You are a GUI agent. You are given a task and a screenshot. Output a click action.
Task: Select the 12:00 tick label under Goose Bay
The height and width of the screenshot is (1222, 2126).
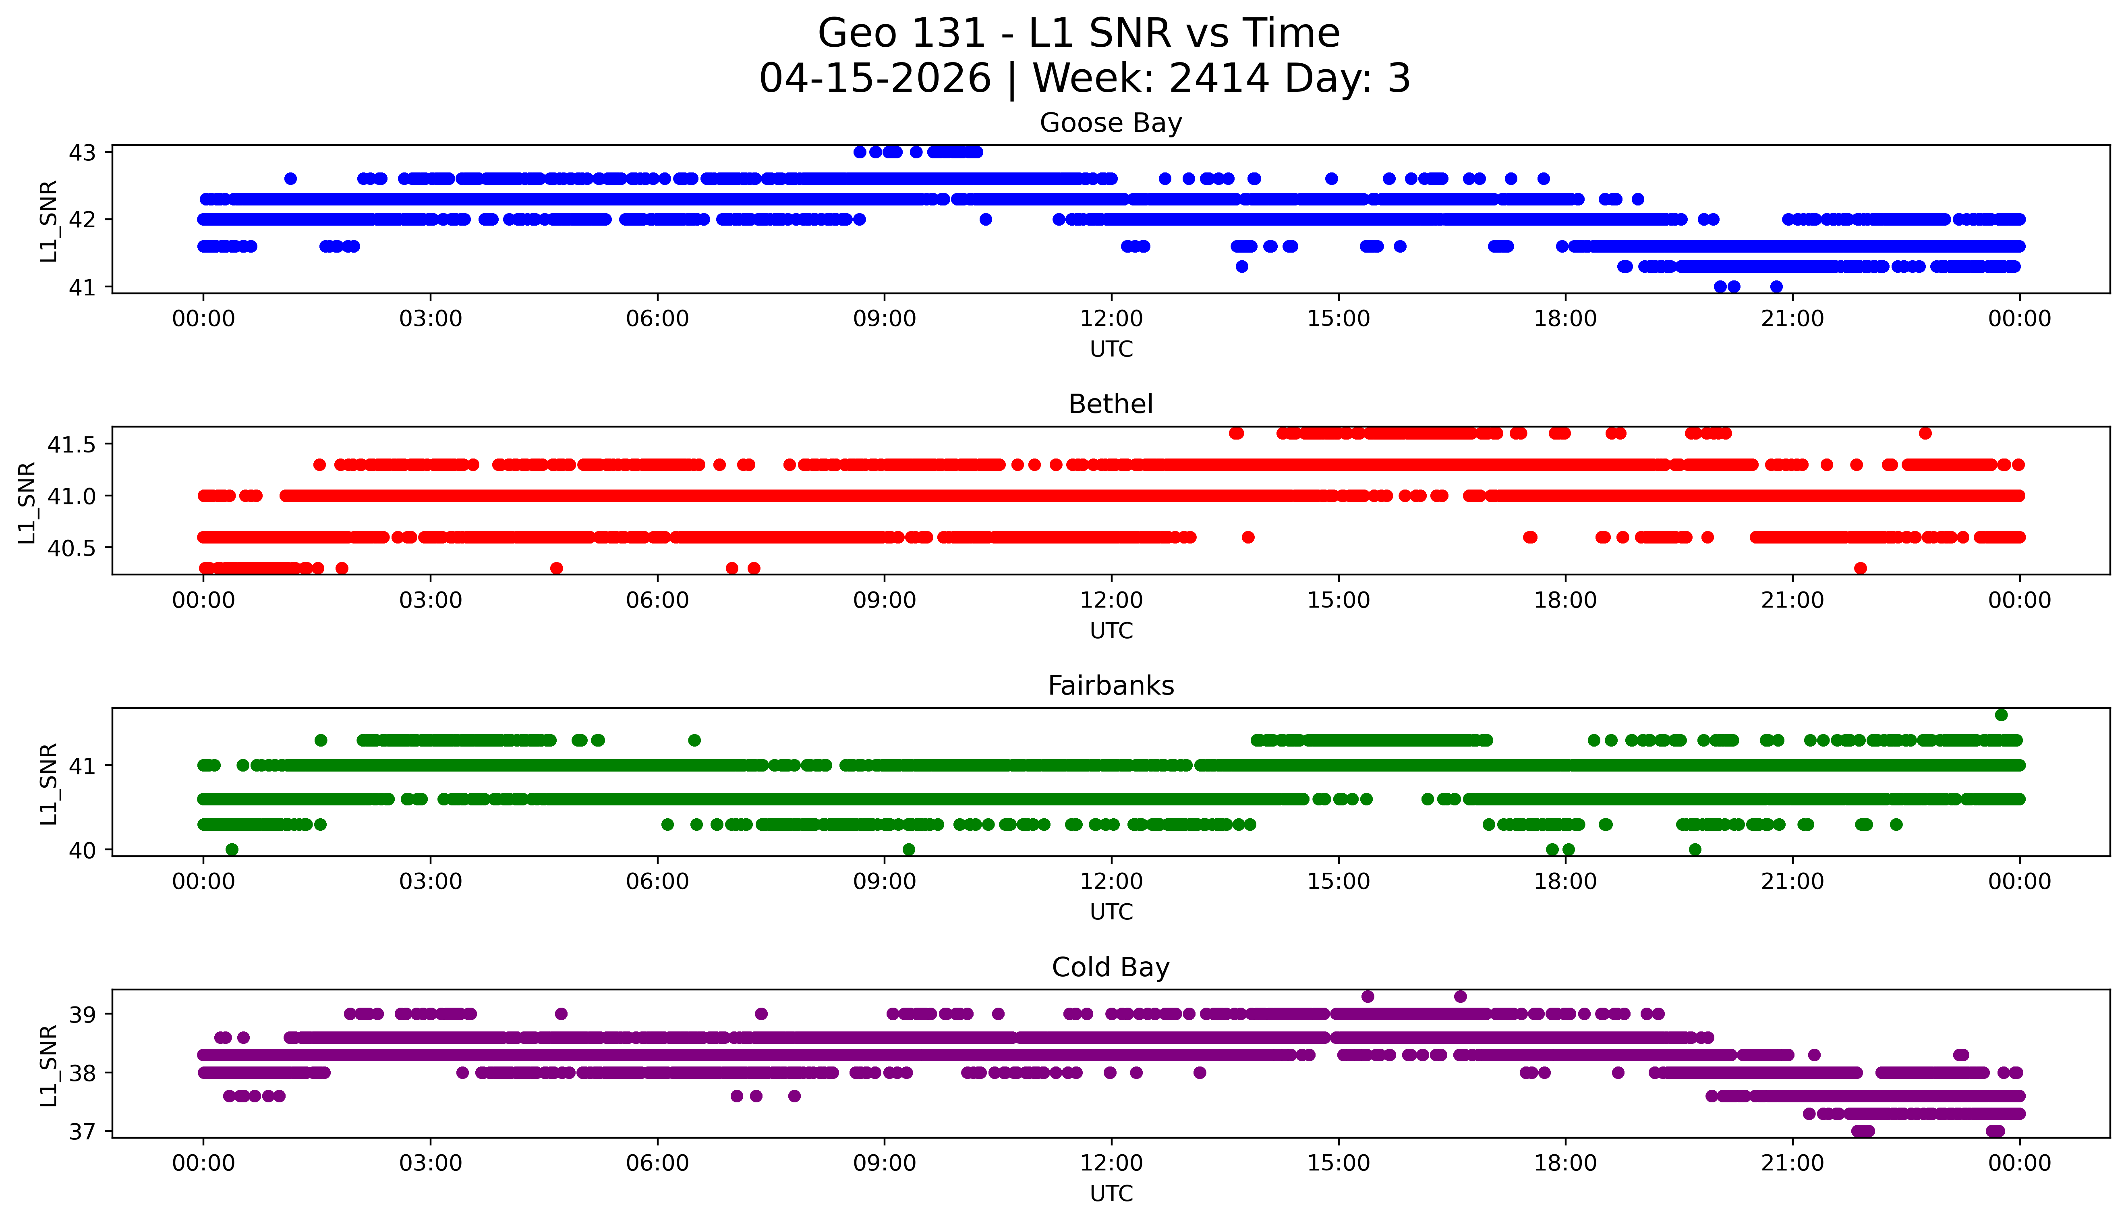[x=1111, y=319]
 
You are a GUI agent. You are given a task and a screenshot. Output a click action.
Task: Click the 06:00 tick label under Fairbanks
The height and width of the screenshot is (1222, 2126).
[x=657, y=882]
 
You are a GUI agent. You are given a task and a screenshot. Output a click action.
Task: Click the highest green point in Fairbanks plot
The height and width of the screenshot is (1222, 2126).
[x=2001, y=715]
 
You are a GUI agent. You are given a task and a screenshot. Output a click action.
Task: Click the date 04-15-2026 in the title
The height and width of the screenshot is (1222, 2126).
[x=875, y=79]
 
